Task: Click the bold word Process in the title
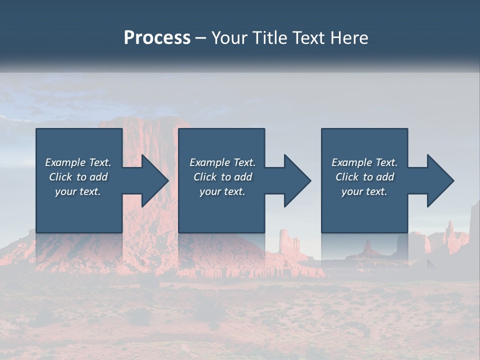click(x=157, y=38)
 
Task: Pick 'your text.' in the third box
click(x=364, y=191)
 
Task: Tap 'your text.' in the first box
click(x=77, y=191)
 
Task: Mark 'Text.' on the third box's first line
click(x=386, y=162)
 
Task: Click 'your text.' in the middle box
click(x=222, y=191)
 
